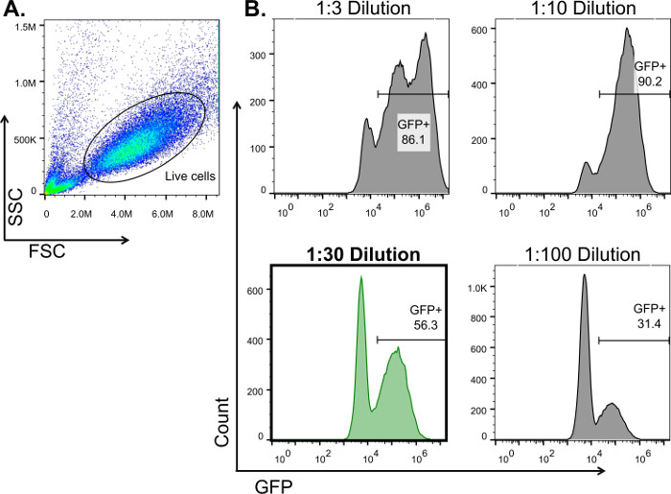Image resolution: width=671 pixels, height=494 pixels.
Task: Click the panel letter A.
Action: [x=15, y=11]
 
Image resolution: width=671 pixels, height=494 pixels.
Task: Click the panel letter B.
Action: [x=252, y=11]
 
